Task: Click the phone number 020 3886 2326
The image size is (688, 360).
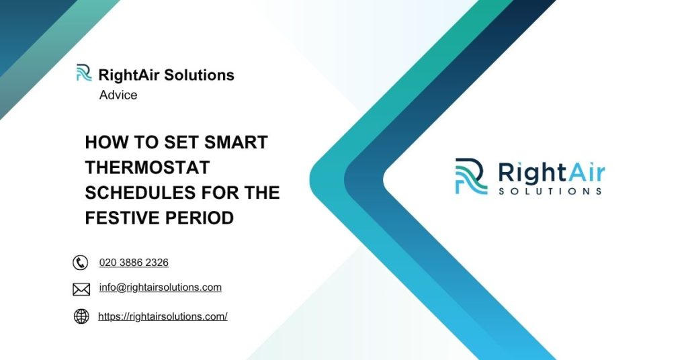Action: [134, 263]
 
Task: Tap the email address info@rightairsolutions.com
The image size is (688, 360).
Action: [160, 287]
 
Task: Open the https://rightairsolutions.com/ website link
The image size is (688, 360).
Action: [163, 316]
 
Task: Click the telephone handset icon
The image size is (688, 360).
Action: [81, 263]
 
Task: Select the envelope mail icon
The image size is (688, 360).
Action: [81, 289]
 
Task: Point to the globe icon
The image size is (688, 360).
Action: [81, 316]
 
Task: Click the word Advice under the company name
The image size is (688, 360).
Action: [118, 95]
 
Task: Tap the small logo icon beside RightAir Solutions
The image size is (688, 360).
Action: [84, 73]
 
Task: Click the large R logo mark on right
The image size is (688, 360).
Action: [471, 176]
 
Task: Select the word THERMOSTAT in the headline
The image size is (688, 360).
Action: [147, 168]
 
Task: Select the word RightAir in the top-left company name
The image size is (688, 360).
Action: [129, 75]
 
